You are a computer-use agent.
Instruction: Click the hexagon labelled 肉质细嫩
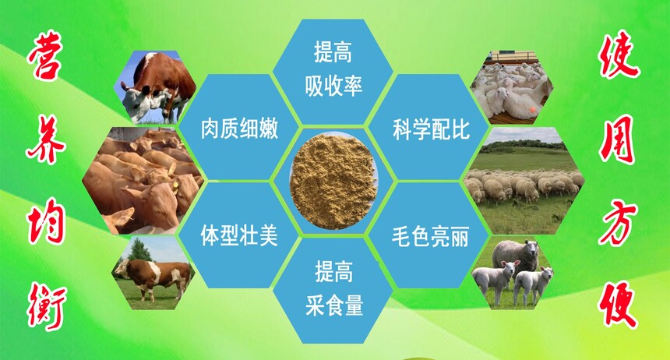(238, 128)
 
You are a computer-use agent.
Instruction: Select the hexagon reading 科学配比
(428, 128)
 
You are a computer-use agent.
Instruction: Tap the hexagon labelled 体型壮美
(238, 235)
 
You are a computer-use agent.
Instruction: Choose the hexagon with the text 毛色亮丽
(428, 235)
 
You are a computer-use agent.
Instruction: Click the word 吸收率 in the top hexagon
(333, 86)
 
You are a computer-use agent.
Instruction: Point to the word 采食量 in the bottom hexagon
(334, 305)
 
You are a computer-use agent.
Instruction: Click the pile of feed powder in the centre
(333, 181)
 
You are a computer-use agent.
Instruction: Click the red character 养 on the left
(46, 139)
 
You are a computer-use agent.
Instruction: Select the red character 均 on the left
(46, 221)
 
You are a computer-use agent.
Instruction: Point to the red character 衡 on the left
(47, 305)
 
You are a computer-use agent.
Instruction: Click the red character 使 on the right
(619, 55)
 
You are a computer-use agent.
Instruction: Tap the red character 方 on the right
(618, 222)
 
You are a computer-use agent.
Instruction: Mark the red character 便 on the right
(619, 305)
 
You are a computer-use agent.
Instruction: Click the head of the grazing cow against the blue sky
(136, 101)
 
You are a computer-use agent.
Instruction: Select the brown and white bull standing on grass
(153, 275)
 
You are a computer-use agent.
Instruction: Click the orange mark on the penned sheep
(533, 109)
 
